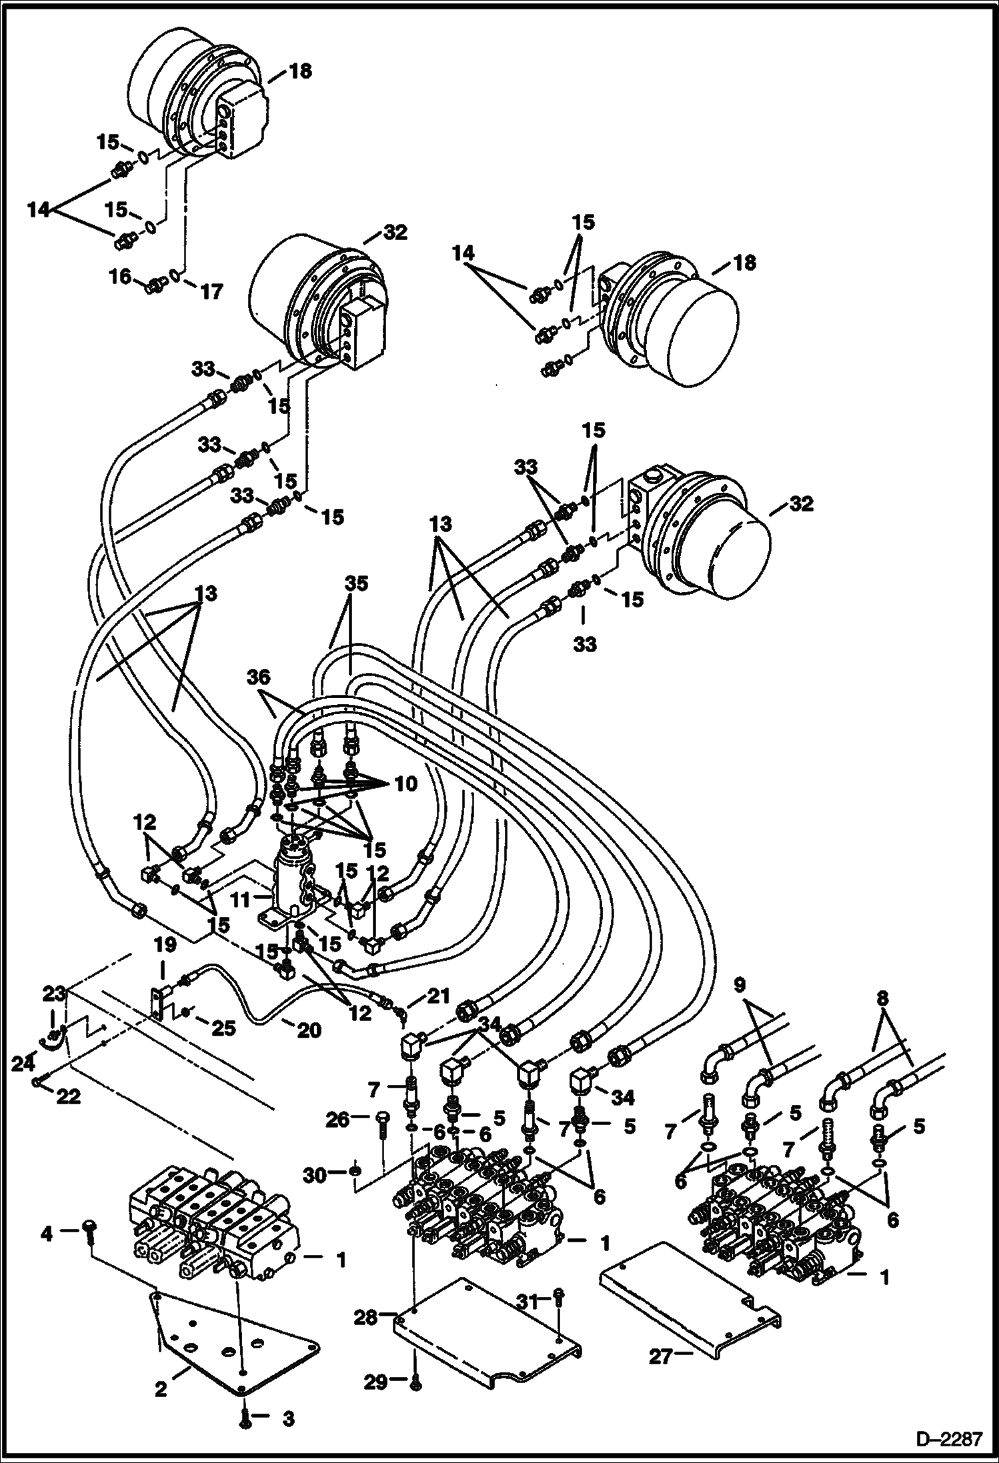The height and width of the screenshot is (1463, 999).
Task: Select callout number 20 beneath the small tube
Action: pyautogui.click(x=309, y=1030)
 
